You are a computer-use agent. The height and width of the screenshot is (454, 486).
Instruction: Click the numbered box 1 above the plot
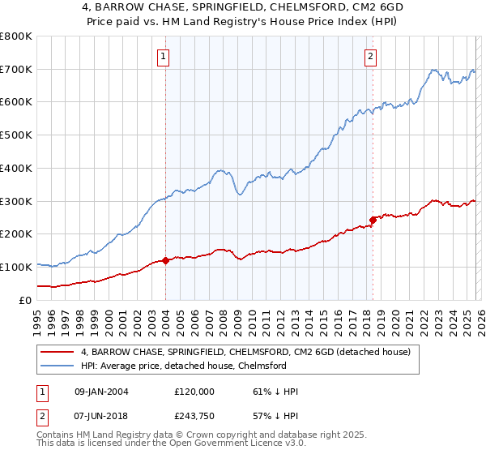point(164,57)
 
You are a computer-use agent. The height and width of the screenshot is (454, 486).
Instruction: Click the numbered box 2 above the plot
point(370,57)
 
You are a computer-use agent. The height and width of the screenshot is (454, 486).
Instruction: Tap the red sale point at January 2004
point(165,260)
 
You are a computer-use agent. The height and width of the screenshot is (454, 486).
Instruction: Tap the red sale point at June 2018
point(373,220)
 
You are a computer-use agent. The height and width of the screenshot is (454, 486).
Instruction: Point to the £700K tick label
point(16,70)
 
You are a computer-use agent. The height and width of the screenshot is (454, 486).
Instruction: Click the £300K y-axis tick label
point(16,201)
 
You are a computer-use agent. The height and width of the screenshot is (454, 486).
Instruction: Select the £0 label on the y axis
point(25,300)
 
